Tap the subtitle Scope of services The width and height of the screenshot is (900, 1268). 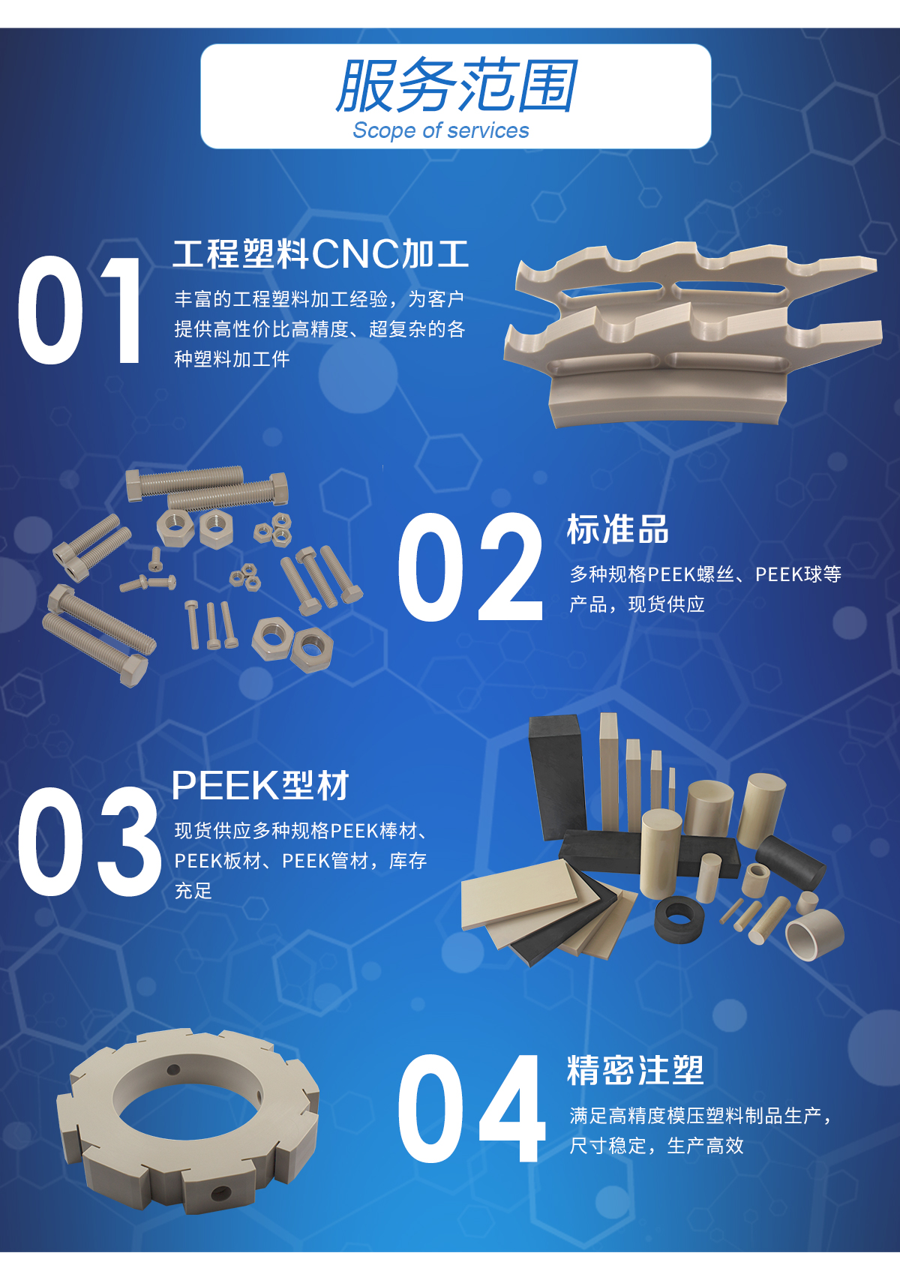(x=440, y=130)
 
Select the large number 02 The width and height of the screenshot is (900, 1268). (x=469, y=567)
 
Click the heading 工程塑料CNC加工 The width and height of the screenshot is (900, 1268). (x=320, y=253)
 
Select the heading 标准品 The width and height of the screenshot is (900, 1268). (x=617, y=529)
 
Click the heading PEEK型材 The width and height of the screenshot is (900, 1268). (x=260, y=786)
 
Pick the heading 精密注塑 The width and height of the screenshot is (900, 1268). (x=635, y=1071)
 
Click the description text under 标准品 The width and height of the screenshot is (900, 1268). (x=705, y=589)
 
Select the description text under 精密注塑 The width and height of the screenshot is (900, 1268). (x=700, y=1131)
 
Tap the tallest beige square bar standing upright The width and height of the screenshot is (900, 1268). (x=609, y=771)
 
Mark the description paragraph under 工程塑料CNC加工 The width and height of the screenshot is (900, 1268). (x=319, y=329)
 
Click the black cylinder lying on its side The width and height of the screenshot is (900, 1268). (x=790, y=860)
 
